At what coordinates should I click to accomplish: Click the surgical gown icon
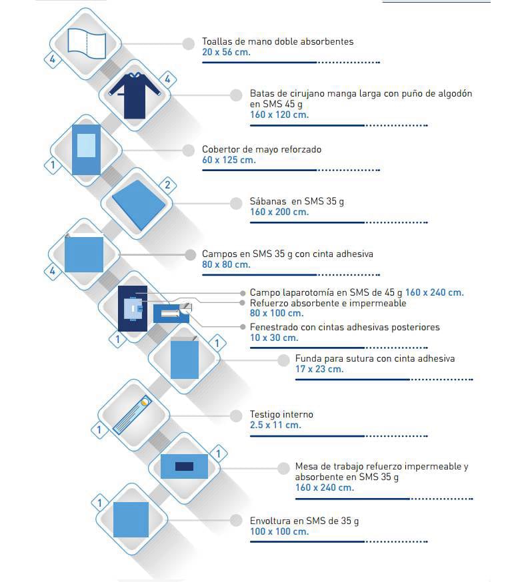tap(135, 96)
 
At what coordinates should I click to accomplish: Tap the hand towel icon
tap(87, 43)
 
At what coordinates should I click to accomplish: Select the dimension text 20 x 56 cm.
tap(226, 53)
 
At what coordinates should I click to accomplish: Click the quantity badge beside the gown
tap(167, 79)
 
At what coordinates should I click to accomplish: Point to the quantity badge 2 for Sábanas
tap(167, 184)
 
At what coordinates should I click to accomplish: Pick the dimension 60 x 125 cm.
tap(229, 160)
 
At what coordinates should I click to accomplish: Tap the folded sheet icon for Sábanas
tap(139, 204)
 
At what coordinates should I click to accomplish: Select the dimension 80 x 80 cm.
tap(226, 264)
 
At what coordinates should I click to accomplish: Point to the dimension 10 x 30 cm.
tap(274, 338)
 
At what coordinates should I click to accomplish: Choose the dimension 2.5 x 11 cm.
tap(275, 425)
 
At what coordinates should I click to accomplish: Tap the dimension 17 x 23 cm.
tap(319, 370)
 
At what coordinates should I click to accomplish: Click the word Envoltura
tap(270, 521)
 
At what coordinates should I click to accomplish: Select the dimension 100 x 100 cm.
tap(279, 531)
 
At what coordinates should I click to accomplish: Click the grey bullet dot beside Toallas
tap(189, 44)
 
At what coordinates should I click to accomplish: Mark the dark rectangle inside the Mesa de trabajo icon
tap(184, 466)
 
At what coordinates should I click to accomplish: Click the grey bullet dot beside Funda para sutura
tap(283, 360)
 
